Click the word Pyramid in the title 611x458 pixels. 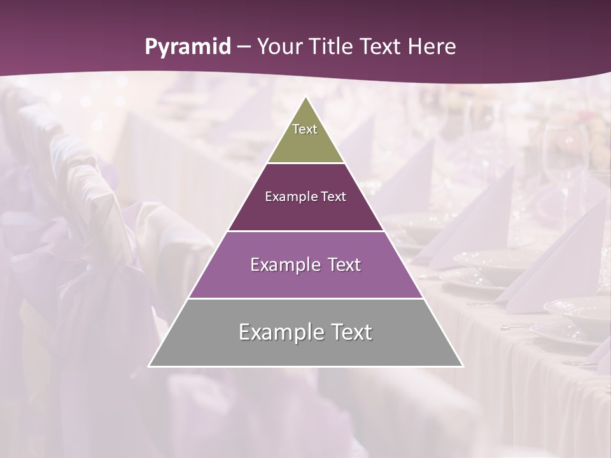188,47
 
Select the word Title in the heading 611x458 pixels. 332,46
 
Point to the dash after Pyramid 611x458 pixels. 244,47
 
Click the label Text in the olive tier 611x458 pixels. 305,129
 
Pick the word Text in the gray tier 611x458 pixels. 349,332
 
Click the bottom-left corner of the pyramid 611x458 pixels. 150,366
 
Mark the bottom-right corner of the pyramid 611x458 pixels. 462,366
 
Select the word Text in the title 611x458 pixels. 383,46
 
